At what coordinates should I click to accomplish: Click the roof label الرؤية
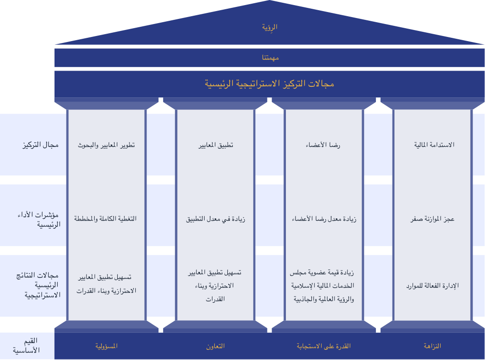point(270,27)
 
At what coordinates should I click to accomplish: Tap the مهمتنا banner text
point(270,58)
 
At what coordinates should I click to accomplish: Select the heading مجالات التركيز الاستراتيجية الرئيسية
point(269,84)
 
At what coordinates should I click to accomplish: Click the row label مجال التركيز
point(41,144)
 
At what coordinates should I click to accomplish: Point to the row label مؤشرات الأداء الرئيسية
point(39,219)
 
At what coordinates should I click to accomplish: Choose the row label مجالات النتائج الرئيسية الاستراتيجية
point(38,285)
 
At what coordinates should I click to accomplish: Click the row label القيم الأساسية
point(27,346)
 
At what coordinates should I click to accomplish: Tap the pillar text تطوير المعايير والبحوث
point(106,145)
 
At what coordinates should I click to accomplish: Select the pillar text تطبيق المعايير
point(216,145)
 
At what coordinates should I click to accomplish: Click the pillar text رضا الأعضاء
point(323,145)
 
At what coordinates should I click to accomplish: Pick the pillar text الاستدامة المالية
point(434,144)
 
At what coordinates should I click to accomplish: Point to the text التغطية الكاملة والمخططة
point(105,218)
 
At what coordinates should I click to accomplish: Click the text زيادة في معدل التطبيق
point(216,219)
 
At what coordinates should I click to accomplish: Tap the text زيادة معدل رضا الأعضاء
point(324,219)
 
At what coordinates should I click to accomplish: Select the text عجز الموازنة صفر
point(432,219)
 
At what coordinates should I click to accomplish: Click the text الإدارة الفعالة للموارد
point(432,286)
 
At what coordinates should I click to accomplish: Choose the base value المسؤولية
point(106,346)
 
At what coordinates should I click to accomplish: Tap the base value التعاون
point(216,346)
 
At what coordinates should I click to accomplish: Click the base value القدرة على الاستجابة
point(324,346)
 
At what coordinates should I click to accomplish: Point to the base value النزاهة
point(432,346)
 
